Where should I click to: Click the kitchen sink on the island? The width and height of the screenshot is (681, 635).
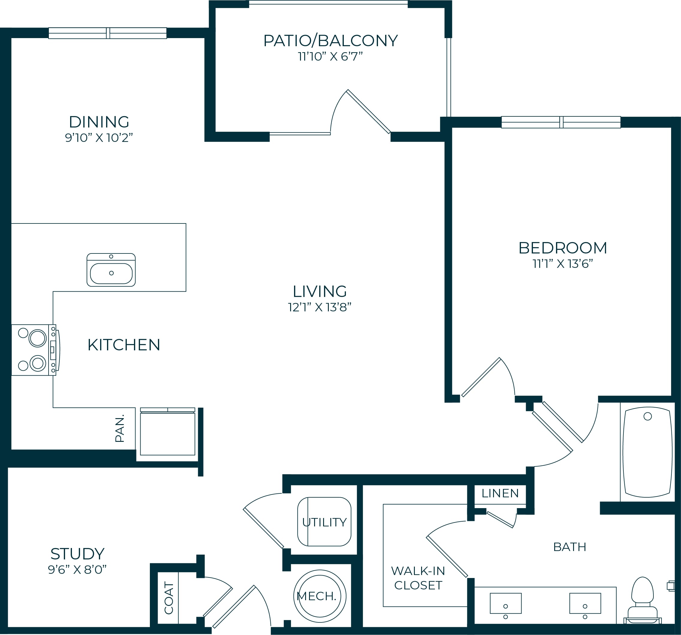click(x=111, y=270)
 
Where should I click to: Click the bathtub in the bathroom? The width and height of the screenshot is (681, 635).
click(x=647, y=452)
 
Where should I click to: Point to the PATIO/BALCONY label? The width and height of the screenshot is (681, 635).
click(x=331, y=40)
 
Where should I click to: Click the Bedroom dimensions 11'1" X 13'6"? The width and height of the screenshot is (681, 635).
click(x=563, y=264)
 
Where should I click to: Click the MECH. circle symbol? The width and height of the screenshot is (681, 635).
click(x=320, y=596)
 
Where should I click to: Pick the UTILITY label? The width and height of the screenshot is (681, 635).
click(x=324, y=522)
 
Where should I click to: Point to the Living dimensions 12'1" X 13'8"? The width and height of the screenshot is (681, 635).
click(x=320, y=307)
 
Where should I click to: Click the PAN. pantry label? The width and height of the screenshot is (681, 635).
click(x=120, y=429)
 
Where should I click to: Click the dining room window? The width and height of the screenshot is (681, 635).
click(x=108, y=33)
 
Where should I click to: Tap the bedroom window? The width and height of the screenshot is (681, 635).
click(x=561, y=122)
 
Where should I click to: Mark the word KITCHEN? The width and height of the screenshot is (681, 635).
click(x=124, y=345)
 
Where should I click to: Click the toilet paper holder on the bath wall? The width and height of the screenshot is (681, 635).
click(x=671, y=586)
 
